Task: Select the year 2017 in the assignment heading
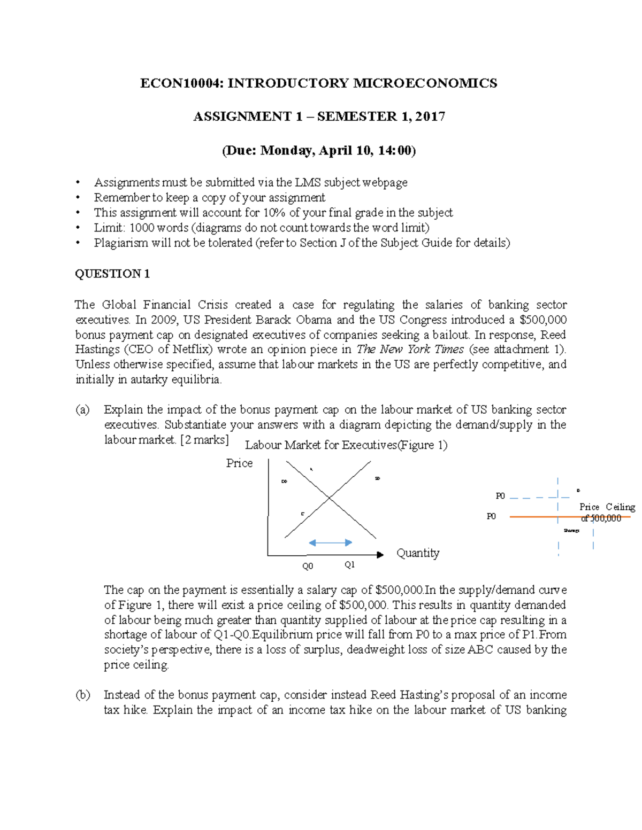(x=430, y=117)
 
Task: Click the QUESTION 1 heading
(x=112, y=274)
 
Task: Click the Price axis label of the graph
(x=239, y=463)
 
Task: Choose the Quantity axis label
(x=418, y=553)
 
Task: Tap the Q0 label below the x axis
(x=308, y=567)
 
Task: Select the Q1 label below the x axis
(x=349, y=565)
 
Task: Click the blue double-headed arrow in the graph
(x=330, y=543)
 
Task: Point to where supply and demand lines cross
(x=329, y=498)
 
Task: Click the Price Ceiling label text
(x=607, y=507)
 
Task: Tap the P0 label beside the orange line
(x=491, y=516)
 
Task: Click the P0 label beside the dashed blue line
(x=500, y=496)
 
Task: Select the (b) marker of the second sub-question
(x=82, y=695)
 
